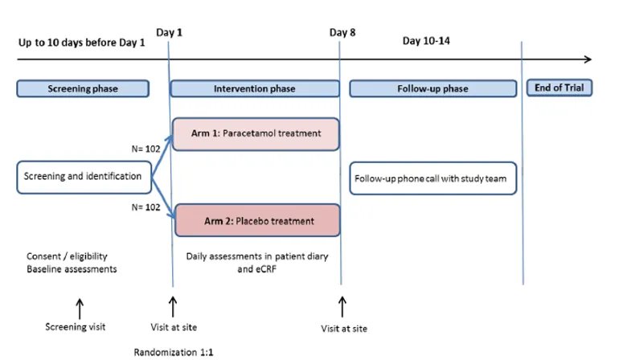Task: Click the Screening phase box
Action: pyautogui.click(x=83, y=88)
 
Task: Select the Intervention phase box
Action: pyautogui.click(x=254, y=88)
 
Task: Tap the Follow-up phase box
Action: pyautogui.click(x=432, y=88)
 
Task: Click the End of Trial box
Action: pyautogui.click(x=559, y=88)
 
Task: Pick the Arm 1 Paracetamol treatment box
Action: pyautogui.click(x=256, y=133)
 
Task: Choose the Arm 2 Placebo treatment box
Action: pyautogui.click(x=257, y=220)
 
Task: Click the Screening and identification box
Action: pyautogui.click(x=84, y=177)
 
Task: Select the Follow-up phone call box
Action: pyautogui.click(x=432, y=178)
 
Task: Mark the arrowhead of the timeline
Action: pyautogui.click(x=588, y=59)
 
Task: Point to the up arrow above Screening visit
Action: pyautogui.click(x=79, y=308)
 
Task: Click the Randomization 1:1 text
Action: pyautogui.click(x=174, y=351)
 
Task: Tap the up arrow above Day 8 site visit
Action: pyautogui.click(x=342, y=306)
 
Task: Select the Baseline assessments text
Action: pyautogui.click(x=70, y=269)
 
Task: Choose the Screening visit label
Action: pyautogui.click(x=75, y=327)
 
